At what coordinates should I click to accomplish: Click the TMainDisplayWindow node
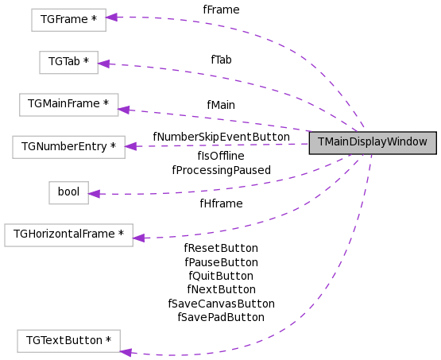pyautogui.click(x=373, y=142)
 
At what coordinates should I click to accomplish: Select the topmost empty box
pyautogui.click(x=68, y=20)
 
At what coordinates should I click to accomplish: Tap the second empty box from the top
pyautogui.click(x=68, y=63)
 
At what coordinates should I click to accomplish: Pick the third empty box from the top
pyautogui.click(x=69, y=105)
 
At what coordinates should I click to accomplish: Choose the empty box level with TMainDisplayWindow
pyautogui.click(x=68, y=147)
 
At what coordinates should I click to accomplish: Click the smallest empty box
pyautogui.click(x=68, y=193)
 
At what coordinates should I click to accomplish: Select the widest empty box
pyautogui.click(x=68, y=235)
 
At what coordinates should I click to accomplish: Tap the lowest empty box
pyautogui.click(x=68, y=341)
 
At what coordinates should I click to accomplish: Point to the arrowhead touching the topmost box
pyautogui.click(x=112, y=17)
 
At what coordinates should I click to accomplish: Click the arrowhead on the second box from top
pyautogui.click(x=104, y=64)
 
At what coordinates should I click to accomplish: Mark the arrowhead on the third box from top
pyautogui.click(x=124, y=110)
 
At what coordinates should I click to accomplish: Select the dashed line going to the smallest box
pyautogui.click(x=238, y=185)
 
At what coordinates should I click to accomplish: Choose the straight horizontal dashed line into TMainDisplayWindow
pyautogui.click(x=222, y=145)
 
